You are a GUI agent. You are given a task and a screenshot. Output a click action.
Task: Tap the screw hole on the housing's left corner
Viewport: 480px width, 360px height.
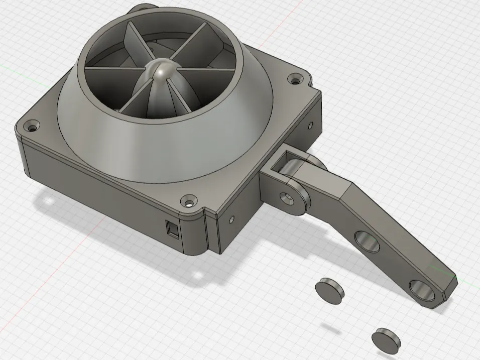coord(34,126)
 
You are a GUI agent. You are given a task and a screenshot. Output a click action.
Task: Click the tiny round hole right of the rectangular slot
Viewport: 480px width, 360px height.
coord(231,219)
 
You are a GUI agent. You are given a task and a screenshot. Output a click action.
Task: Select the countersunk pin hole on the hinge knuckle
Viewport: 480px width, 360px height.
coord(289,196)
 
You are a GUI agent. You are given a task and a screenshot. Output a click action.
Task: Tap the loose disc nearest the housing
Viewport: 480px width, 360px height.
coord(330,289)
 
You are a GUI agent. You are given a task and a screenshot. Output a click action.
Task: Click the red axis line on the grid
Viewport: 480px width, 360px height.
coord(281,20)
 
